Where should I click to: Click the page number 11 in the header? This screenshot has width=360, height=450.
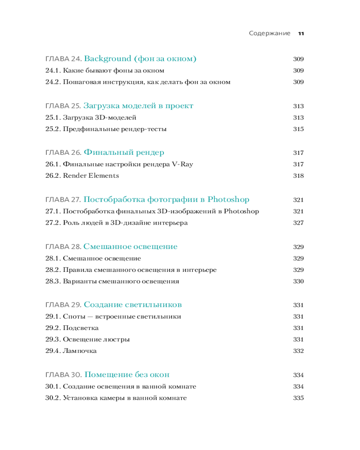(x=301, y=34)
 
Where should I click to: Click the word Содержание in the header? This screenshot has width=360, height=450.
(x=270, y=34)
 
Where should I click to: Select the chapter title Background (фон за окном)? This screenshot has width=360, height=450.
(x=140, y=59)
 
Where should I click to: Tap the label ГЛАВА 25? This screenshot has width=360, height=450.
(x=63, y=106)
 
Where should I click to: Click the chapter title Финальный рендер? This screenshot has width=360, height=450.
(x=124, y=153)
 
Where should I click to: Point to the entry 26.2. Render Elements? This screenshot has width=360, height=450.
(x=82, y=175)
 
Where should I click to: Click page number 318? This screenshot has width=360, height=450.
(x=298, y=176)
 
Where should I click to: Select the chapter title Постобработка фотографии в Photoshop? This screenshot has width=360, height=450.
(x=166, y=200)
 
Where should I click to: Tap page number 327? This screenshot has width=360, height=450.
(x=298, y=223)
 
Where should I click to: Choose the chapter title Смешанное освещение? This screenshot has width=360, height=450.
(x=130, y=247)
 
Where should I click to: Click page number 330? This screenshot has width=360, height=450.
(x=298, y=282)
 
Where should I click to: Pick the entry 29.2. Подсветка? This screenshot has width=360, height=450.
(x=72, y=328)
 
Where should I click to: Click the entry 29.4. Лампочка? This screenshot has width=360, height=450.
(x=71, y=351)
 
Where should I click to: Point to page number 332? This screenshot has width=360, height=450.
(x=298, y=351)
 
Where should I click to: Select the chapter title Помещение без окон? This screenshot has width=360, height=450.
(x=127, y=375)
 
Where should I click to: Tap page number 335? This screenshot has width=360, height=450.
(x=298, y=398)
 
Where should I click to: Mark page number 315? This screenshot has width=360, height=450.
(x=298, y=129)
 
